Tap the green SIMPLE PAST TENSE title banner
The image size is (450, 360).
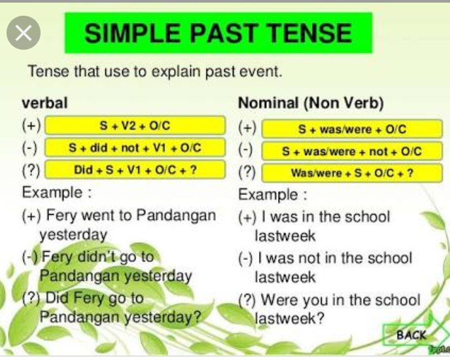pos(218,33)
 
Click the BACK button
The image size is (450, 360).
pos(410,334)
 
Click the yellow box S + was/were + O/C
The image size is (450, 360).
pos(352,129)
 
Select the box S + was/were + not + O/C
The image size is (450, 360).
pos(352,151)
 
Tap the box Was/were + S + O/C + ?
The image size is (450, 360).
pos(352,173)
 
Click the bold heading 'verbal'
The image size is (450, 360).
pos(44,103)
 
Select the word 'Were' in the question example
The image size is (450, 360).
pos(279,300)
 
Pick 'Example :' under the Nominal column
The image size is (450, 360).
pos(273,195)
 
